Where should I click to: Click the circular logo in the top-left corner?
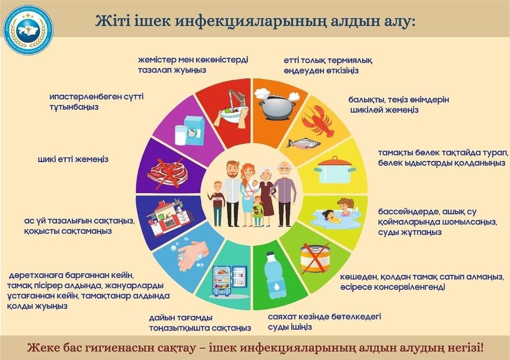(x=28, y=30)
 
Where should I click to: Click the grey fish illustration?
(x=303, y=142)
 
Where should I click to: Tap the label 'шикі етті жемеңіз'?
(x=73, y=159)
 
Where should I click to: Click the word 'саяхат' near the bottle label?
(x=282, y=317)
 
